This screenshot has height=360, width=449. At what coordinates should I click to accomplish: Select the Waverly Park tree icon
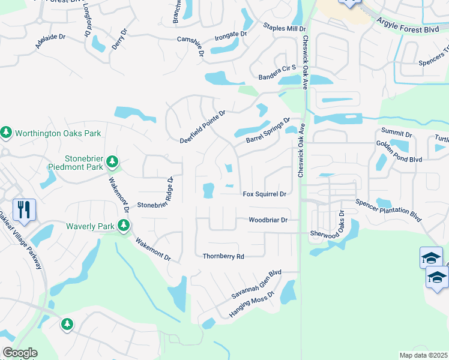pyautogui.click(x=124, y=226)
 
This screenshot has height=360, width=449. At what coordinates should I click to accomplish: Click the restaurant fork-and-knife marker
pyautogui.click(x=24, y=209)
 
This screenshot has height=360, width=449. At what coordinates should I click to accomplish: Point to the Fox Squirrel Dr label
pyautogui.click(x=264, y=194)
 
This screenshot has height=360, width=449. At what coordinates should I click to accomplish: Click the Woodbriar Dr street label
pyautogui.click(x=268, y=220)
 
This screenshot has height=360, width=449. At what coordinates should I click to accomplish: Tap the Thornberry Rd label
pyautogui.click(x=223, y=256)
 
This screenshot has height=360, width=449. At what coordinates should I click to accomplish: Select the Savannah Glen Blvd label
pyautogui.click(x=256, y=285)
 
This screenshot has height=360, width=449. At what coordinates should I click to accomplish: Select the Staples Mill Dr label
pyautogui.click(x=285, y=28)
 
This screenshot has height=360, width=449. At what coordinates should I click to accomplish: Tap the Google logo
pyautogui.click(x=20, y=353)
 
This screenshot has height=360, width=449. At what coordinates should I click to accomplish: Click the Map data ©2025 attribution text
pyautogui.click(x=423, y=355)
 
